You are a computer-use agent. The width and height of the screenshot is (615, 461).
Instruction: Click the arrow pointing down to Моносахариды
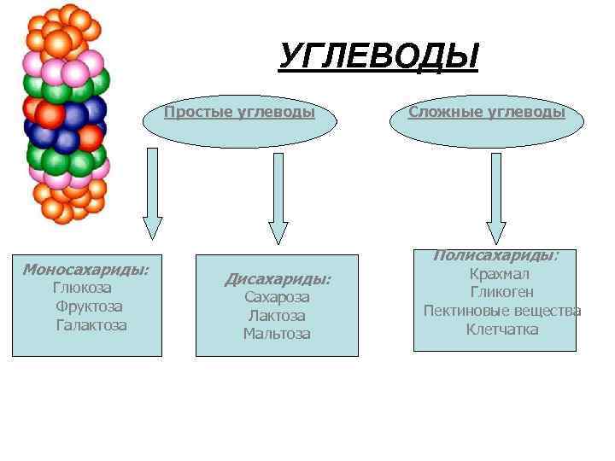[153, 192]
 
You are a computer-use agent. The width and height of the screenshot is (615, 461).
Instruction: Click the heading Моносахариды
[85, 270]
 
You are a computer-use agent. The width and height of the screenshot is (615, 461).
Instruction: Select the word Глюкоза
[82, 288]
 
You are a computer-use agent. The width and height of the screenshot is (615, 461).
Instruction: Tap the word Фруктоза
[89, 306]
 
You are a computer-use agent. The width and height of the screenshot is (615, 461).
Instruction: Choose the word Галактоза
[91, 325]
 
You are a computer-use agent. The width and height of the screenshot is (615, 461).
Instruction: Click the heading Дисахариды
[277, 279]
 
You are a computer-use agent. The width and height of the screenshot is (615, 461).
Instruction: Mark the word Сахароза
[277, 297]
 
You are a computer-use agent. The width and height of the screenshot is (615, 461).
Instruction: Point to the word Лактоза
[277, 316]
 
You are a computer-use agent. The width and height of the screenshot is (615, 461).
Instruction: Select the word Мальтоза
[277, 334]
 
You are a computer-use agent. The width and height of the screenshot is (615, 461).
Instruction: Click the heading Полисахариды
[495, 255]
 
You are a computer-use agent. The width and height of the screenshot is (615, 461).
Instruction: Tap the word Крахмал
[500, 274]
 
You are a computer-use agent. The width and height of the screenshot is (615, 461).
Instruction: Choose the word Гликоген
[501, 292]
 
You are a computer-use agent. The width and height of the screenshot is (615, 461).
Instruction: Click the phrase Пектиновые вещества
[502, 311]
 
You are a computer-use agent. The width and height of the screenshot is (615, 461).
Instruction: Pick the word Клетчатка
[502, 330]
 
